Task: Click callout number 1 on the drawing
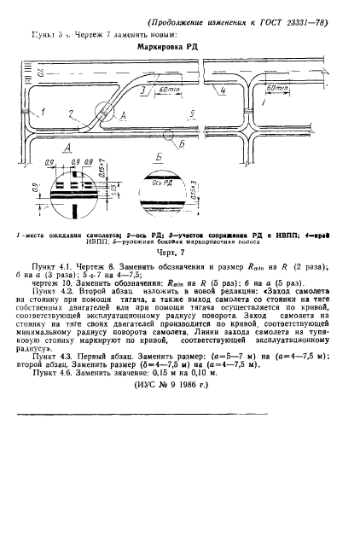pos(39,112)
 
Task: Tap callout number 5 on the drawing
pos(194,112)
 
